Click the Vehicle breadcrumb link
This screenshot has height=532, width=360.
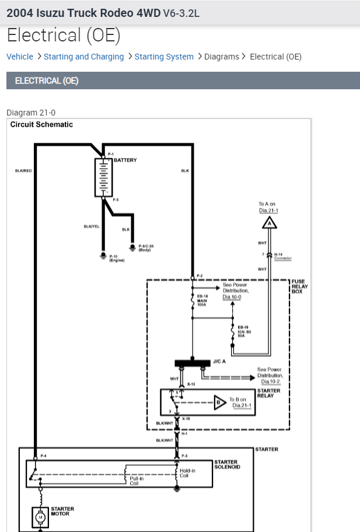[20, 57]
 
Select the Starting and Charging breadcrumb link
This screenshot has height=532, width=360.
[83, 57]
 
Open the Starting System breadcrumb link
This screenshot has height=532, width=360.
[164, 57]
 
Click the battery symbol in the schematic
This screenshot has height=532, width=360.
[103, 177]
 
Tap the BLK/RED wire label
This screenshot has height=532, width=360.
[23, 171]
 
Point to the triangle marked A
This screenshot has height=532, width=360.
[268, 222]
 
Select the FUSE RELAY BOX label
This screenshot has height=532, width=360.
[299, 286]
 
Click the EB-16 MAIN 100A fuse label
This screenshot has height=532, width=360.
[202, 300]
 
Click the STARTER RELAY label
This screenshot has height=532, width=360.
[268, 393]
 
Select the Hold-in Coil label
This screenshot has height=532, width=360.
[187, 473]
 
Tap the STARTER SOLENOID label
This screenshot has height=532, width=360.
[227, 464]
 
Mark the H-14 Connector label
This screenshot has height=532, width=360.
[282, 256]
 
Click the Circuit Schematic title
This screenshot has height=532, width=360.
[41, 124]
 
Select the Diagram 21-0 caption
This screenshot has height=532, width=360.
[31, 113]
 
